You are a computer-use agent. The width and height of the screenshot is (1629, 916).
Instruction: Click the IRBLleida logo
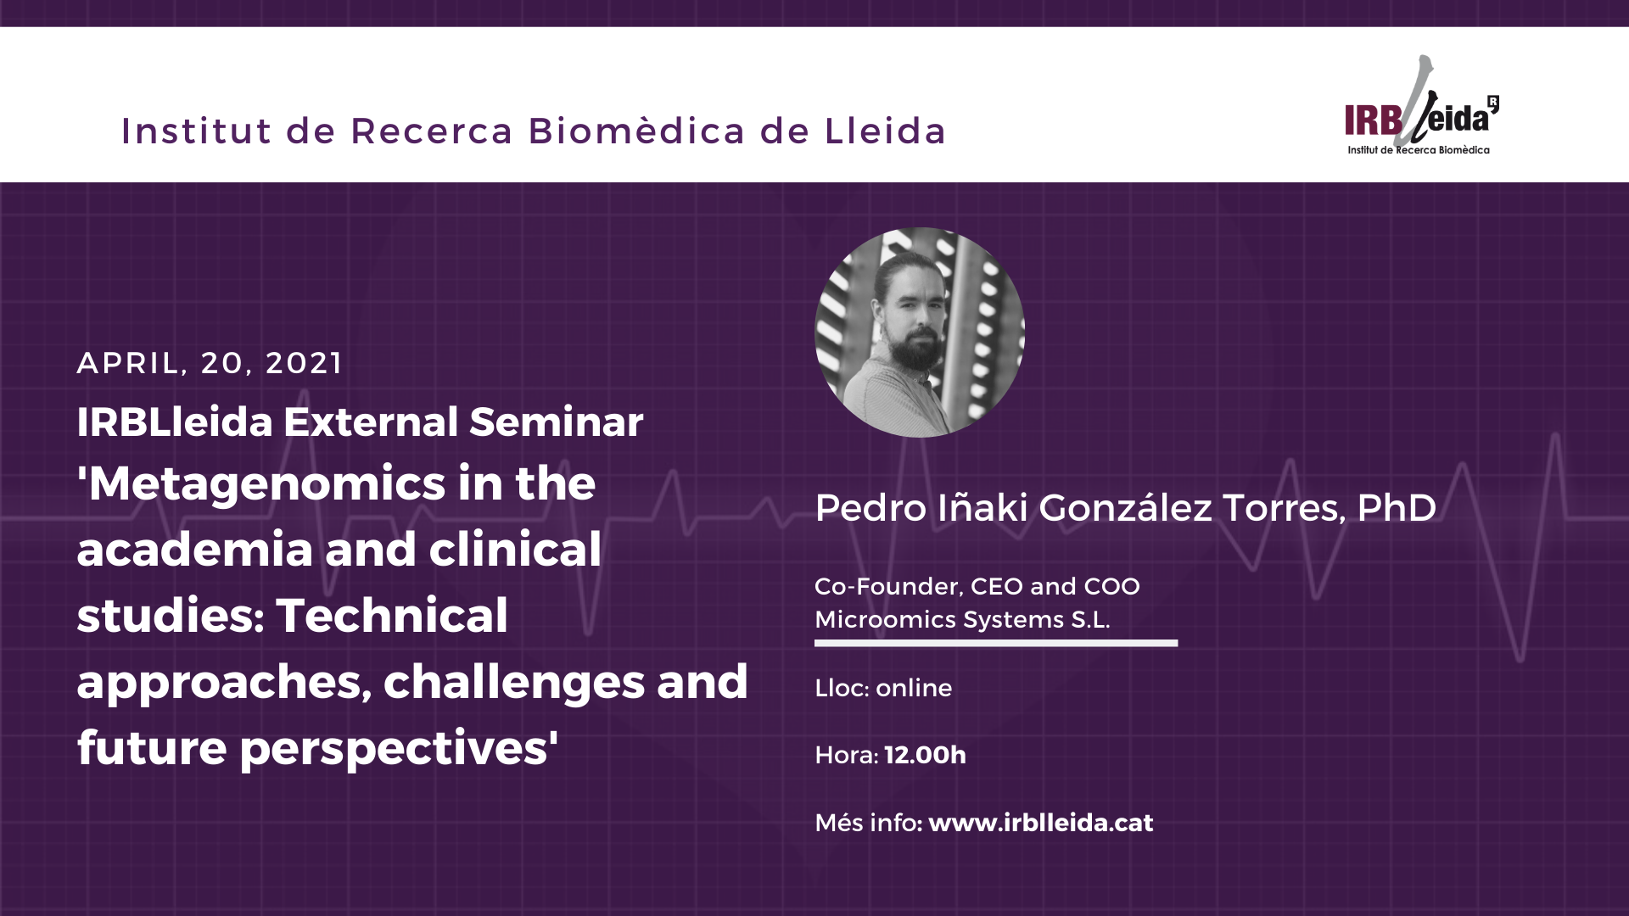[1422, 106]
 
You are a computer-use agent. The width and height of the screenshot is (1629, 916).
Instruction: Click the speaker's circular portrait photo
[920, 332]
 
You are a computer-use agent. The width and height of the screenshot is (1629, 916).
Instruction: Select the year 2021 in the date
[304, 363]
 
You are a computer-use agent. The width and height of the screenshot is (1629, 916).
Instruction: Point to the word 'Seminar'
[557, 422]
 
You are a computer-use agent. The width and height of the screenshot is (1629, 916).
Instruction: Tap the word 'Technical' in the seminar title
[392, 615]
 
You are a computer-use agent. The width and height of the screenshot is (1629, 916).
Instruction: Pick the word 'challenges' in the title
[514, 682]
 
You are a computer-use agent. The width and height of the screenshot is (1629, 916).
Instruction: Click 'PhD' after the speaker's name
[1397, 507]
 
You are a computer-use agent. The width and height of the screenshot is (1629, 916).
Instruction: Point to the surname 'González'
[1125, 507]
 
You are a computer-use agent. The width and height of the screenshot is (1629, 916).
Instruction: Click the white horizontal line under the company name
[996, 643]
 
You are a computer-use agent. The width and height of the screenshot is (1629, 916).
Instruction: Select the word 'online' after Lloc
[914, 688]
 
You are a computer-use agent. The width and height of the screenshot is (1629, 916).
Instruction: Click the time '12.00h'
[926, 755]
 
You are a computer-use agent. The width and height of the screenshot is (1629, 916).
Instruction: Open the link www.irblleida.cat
[1041, 823]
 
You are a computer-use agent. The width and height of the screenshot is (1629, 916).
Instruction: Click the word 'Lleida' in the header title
[885, 131]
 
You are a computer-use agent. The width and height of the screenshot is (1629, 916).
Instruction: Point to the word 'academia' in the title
[195, 550]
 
